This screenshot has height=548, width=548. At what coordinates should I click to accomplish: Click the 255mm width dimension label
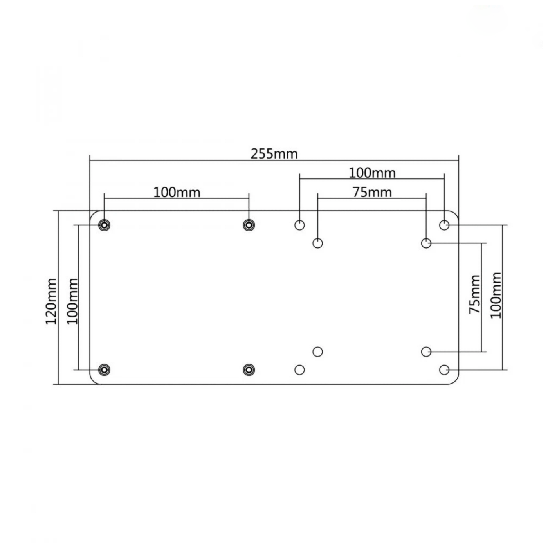pyautogui.click(x=274, y=154)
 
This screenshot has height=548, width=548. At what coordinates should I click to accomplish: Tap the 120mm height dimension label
pyautogui.click(x=51, y=301)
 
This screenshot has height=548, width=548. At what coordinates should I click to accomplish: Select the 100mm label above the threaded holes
pyautogui.click(x=177, y=193)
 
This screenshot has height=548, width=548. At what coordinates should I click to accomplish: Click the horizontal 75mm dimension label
pyautogui.click(x=372, y=192)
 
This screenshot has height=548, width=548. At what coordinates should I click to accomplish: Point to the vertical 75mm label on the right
pyautogui.click(x=475, y=294)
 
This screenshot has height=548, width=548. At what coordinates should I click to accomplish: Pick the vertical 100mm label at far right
pyautogui.click(x=496, y=296)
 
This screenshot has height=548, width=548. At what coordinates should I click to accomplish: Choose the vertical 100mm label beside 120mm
pyautogui.click(x=72, y=301)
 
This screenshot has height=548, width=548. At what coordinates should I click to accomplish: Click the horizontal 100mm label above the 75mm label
pyautogui.click(x=372, y=173)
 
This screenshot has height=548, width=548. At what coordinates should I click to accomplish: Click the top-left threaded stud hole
pyautogui.click(x=104, y=225)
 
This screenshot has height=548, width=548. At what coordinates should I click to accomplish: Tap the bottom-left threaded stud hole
pyautogui.click(x=104, y=370)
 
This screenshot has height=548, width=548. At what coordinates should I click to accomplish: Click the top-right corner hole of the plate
pyautogui.click(x=444, y=225)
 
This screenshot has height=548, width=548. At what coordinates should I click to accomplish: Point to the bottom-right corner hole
pyautogui.click(x=444, y=370)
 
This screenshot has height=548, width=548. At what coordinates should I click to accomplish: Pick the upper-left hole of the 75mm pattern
pyautogui.click(x=318, y=243)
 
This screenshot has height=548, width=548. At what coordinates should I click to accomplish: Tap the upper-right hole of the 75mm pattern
pyautogui.click(x=426, y=243)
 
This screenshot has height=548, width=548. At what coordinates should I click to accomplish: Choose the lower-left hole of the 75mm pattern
pyautogui.click(x=318, y=352)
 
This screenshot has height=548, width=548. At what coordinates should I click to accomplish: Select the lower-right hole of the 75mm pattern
pyautogui.click(x=426, y=352)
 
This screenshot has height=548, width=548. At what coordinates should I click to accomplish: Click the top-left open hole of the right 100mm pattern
pyautogui.click(x=299, y=225)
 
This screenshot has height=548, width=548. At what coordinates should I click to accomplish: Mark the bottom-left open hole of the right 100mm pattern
pyautogui.click(x=299, y=370)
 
